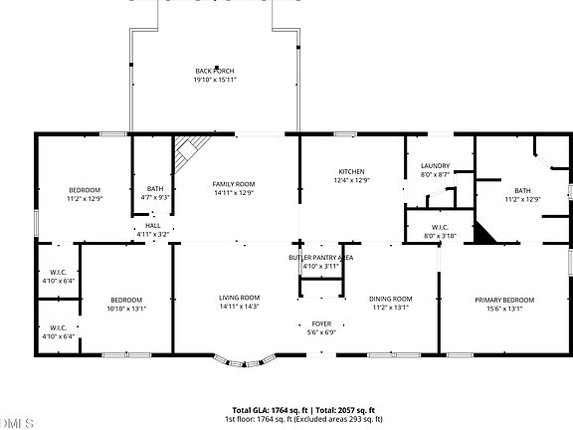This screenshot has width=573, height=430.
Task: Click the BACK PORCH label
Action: tap(215, 71)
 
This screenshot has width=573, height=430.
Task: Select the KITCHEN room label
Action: tap(350, 172)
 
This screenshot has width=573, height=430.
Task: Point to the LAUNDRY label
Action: tap(435, 166)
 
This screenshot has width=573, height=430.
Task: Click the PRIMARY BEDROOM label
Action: tap(502, 300)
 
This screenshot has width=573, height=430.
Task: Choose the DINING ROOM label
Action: tap(390, 299)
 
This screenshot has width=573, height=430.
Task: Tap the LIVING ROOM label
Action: tap(239, 298)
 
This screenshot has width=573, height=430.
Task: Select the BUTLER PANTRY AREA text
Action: tap(321, 258)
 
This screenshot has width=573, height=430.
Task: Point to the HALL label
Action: tap(152, 226)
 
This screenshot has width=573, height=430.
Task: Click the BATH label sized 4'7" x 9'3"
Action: tap(155, 189)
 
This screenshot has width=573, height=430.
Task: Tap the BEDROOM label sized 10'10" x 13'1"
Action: tap(125, 300)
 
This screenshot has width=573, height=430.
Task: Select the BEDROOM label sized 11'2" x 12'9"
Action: tap(84, 190)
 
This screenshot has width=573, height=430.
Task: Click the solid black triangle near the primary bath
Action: tap(483, 234)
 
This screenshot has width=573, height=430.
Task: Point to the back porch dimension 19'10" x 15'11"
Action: tap(215, 80)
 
